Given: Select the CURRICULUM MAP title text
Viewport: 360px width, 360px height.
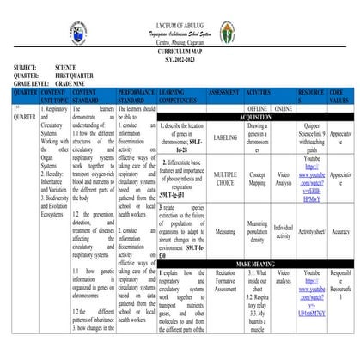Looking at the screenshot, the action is tap(180, 52).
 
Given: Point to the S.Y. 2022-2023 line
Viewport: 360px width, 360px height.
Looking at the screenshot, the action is tap(180, 59).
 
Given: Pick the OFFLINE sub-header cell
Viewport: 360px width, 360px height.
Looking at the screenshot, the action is tap(257, 109).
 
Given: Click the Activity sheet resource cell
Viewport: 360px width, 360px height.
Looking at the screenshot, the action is tap(312, 231).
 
